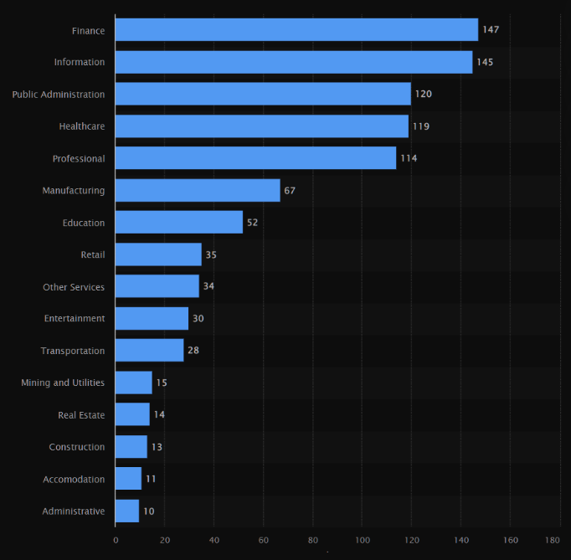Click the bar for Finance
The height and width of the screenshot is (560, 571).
(x=296, y=30)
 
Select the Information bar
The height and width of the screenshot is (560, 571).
(x=293, y=62)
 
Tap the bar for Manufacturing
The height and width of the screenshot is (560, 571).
(x=198, y=191)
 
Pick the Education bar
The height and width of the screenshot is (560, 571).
(x=178, y=223)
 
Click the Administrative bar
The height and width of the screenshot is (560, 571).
(x=127, y=511)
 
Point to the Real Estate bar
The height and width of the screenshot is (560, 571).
(x=132, y=415)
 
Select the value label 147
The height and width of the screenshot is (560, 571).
(x=491, y=30)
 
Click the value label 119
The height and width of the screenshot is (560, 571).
(x=421, y=126)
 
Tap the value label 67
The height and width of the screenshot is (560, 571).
(x=290, y=191)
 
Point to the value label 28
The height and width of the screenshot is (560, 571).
(x=193, y=351)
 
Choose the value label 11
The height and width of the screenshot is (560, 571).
(x=151, y=480)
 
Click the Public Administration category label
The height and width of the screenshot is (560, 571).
(x=59, y=95)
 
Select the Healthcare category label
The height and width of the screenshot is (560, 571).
(x=82, y=126)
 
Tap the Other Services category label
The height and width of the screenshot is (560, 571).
(x=74, y=287)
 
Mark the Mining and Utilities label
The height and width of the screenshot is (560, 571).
(x=63, y=383)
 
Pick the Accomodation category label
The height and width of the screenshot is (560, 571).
(x=74, y=480)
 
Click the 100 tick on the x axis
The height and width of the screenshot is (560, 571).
(x=362, y=541)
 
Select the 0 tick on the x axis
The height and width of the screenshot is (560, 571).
(x=116, y=541)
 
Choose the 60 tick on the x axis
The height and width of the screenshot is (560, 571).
(x=263, y=541)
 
